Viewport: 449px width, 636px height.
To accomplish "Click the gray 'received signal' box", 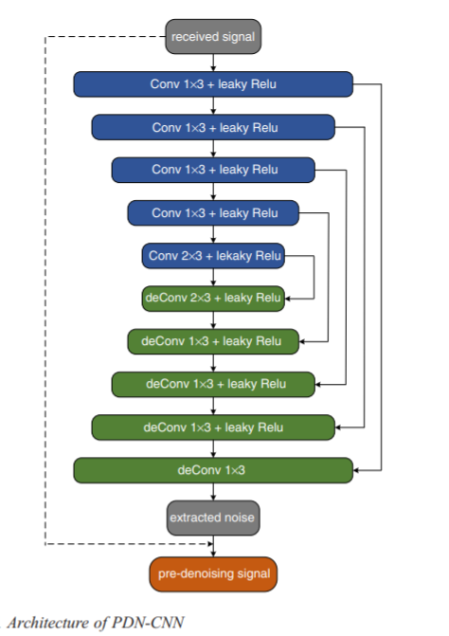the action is coord(213,37).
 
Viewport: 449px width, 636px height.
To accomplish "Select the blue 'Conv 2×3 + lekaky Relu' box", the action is coord(213,256).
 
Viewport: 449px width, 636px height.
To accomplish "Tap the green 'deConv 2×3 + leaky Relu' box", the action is coord(213,299).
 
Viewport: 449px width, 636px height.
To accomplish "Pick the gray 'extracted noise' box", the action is coord(213,518).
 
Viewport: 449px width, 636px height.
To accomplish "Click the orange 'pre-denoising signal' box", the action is coord(213,574).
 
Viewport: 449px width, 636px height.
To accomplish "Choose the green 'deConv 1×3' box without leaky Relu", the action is coord(213,470).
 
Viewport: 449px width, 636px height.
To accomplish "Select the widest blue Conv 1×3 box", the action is coord(213,84).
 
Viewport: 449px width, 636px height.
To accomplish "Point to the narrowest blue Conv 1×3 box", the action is coord(213,213).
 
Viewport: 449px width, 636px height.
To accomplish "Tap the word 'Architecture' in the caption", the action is coord(58,623).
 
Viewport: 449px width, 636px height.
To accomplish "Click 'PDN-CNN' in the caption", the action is coord(148,622).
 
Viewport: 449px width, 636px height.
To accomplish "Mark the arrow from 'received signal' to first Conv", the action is coord(213,63).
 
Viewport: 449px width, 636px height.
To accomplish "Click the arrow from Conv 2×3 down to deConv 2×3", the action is coord(213,277).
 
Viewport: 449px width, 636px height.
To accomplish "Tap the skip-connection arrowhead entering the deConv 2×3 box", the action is coord(288,299).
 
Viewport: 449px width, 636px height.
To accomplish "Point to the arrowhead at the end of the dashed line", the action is coord(210,543).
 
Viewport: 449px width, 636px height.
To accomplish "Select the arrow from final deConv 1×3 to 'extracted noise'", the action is coord(213,492).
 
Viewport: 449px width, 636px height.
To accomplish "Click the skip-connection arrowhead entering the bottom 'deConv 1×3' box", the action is coord(356,470).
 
